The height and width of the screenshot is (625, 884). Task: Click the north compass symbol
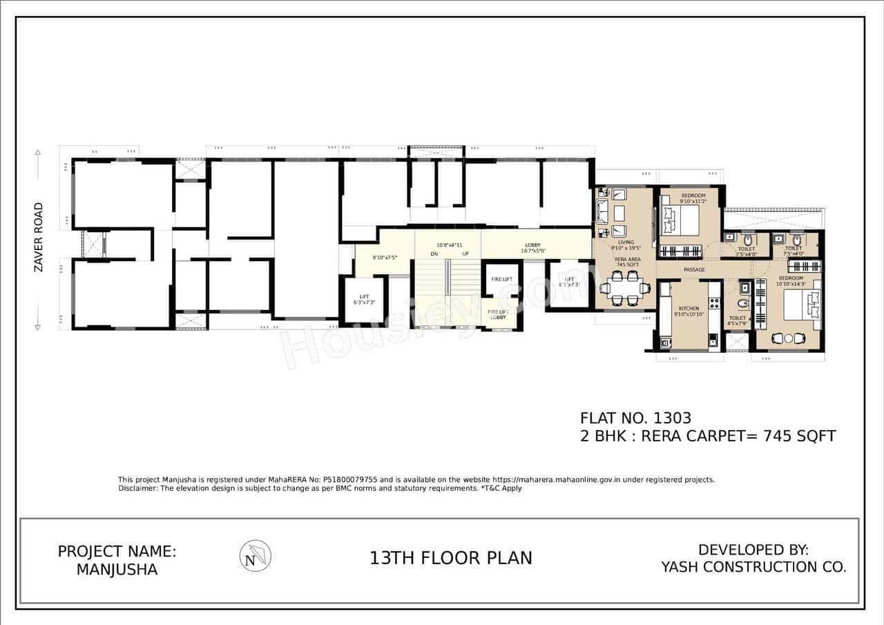click(x=255, y=556)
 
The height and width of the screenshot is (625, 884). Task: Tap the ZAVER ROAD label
click(x=39, y=237)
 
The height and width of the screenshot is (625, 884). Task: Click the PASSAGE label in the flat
click(x=693, y=269)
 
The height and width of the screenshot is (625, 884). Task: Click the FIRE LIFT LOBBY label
click(x=498, y=314)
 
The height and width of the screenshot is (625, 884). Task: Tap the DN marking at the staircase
click(x=434, y=254)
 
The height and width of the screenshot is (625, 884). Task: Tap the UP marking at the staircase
click(x=465, y=254)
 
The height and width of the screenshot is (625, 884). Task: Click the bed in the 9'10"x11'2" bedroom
click(x=680, y=220)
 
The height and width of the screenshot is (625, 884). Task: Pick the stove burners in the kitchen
click(x=713, y=303)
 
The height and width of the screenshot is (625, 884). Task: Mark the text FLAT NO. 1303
click(x=635, y=418)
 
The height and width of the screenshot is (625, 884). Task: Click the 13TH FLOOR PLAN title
click(x=451, y=558)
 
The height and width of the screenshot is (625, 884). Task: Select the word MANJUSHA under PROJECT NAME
click(x=117, y=570)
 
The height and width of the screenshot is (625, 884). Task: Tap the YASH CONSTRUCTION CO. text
click(x=753, y=567)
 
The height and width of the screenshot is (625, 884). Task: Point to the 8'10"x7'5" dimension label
click(x=385, y=258)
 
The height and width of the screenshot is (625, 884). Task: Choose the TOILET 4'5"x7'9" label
click(x=736, y=321)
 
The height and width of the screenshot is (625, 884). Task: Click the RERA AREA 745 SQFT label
click(x=626, y=261)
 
